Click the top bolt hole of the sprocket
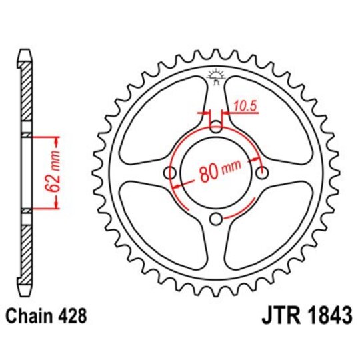pos(216,127)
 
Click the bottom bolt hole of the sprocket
pos(216,219)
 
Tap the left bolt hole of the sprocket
pos(169,173)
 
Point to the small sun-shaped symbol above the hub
pos(215,75)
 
